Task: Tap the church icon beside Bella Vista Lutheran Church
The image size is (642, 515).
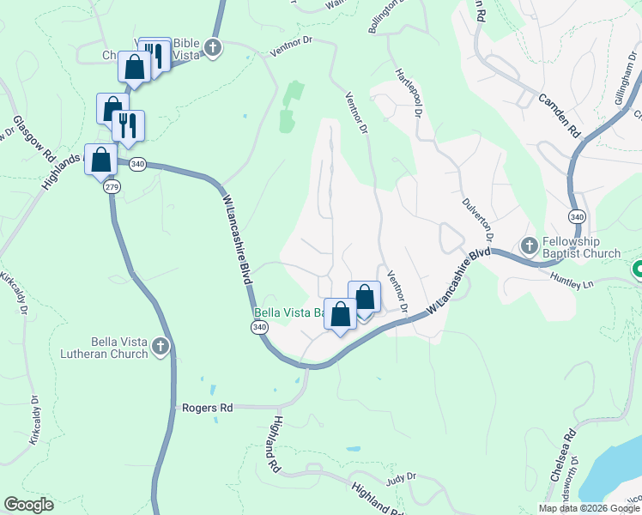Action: pyautogui.click(x=160, y=347)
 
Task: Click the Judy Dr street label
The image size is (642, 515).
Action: pyautogui.click(x=401, y=477)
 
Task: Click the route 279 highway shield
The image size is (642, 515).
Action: pyautogui.click(x=112, y=186)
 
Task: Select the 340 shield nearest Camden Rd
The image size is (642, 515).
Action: pyautogui.click(x=576, y=214)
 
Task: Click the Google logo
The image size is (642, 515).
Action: pyautogui.click(x=28, y=505)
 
